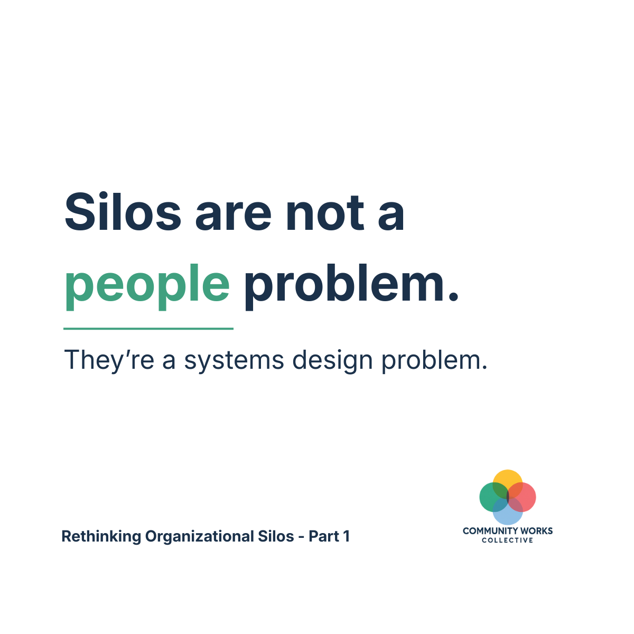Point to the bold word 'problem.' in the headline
coord(351,284)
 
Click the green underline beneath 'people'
coord(148,329)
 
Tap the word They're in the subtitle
coord(109,360)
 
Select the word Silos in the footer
coord(276,536)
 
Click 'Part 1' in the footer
coord(329,536)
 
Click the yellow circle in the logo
coord(508,479)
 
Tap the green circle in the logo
coord(489,497)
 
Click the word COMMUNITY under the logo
coord(489,531)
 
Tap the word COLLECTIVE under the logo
coord(508,540)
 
